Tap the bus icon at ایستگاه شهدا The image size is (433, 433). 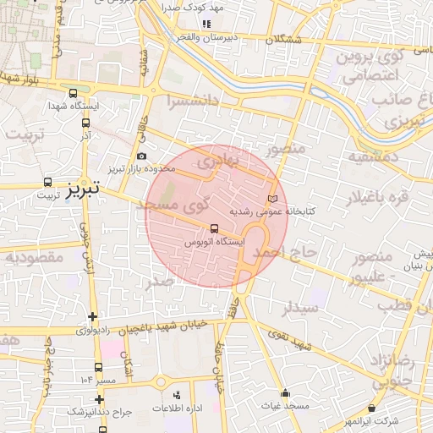(73, 94)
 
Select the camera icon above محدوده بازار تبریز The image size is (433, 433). (141, 156)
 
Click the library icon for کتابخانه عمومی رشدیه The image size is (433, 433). (271, 198)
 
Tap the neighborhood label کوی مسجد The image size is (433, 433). (184, 206)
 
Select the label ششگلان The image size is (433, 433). (282, 40)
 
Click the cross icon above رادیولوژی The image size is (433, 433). (91, 317)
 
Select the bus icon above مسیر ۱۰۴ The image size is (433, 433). (99, 367)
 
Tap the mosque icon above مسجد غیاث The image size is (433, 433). (285, 392)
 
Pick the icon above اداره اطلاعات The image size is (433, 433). (177, 395)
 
